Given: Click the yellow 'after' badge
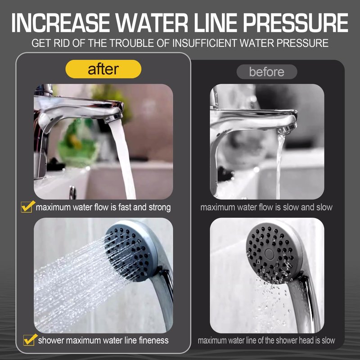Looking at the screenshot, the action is (x=103, y=69).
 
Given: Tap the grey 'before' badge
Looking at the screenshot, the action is (x=267, y=72).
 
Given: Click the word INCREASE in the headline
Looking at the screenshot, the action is (x=61, y=23).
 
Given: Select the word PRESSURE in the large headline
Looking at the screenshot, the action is (x=296, y=23).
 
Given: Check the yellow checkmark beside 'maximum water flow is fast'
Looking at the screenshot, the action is (x=27, y=207).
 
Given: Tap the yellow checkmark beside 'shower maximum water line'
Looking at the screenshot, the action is (x=30, y=340).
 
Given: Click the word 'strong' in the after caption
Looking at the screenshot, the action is (x=160, y=207).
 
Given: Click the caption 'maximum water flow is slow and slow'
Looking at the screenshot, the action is (x=266, y=207).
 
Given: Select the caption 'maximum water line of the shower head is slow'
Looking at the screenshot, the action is (x=266, y=340).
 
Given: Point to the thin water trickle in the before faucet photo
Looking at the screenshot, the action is (x=279, y=166).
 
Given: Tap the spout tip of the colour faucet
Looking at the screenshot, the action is (x=113, y=118).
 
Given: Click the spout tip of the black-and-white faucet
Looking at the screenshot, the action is (x=288, y=129).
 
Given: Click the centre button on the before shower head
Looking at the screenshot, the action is (x=269, y=254).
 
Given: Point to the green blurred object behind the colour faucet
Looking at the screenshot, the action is (x=77, y=142).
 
